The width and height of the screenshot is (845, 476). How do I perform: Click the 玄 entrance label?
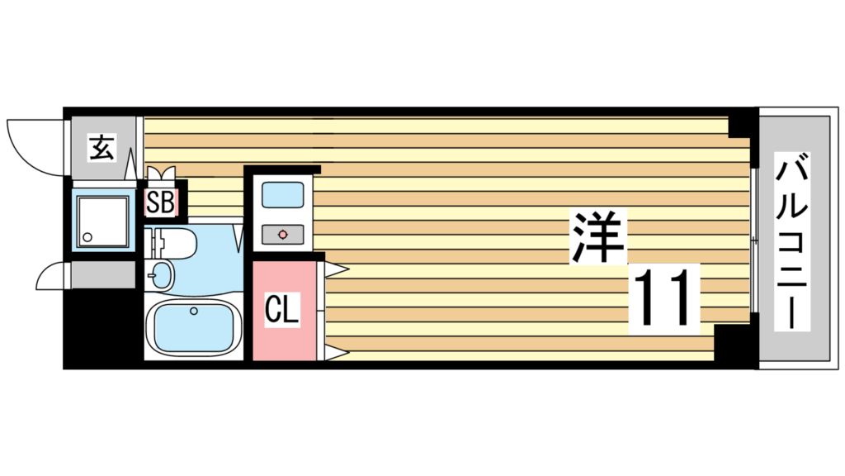click(x=101, y=148)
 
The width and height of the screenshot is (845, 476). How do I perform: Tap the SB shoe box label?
click(x=161, y=203)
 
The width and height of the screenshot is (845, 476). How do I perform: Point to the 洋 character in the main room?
click(x=598, y=236)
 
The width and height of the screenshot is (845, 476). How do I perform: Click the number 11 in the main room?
click(x=664, y=297)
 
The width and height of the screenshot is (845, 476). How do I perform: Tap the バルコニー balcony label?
click(x=792, y=241)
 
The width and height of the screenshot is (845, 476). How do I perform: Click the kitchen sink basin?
click(x=283, y=195)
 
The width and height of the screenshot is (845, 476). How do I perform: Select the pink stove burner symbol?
click(x=283, y=235)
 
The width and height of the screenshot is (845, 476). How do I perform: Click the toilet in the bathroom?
click(x=172, y=243)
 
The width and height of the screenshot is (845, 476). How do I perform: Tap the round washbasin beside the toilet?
click(x=159, y=276)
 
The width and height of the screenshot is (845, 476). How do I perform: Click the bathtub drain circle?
click(x=193, y=311)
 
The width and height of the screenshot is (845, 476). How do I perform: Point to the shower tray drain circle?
click(x=87, y=237)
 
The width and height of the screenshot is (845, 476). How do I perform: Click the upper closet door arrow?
click(x=337, y=269)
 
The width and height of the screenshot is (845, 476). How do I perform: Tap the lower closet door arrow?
click(x=337, y=354)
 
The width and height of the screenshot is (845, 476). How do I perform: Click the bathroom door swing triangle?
click(x=238, y=237)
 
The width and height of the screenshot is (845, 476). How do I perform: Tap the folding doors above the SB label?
click(x=161, y=174)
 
